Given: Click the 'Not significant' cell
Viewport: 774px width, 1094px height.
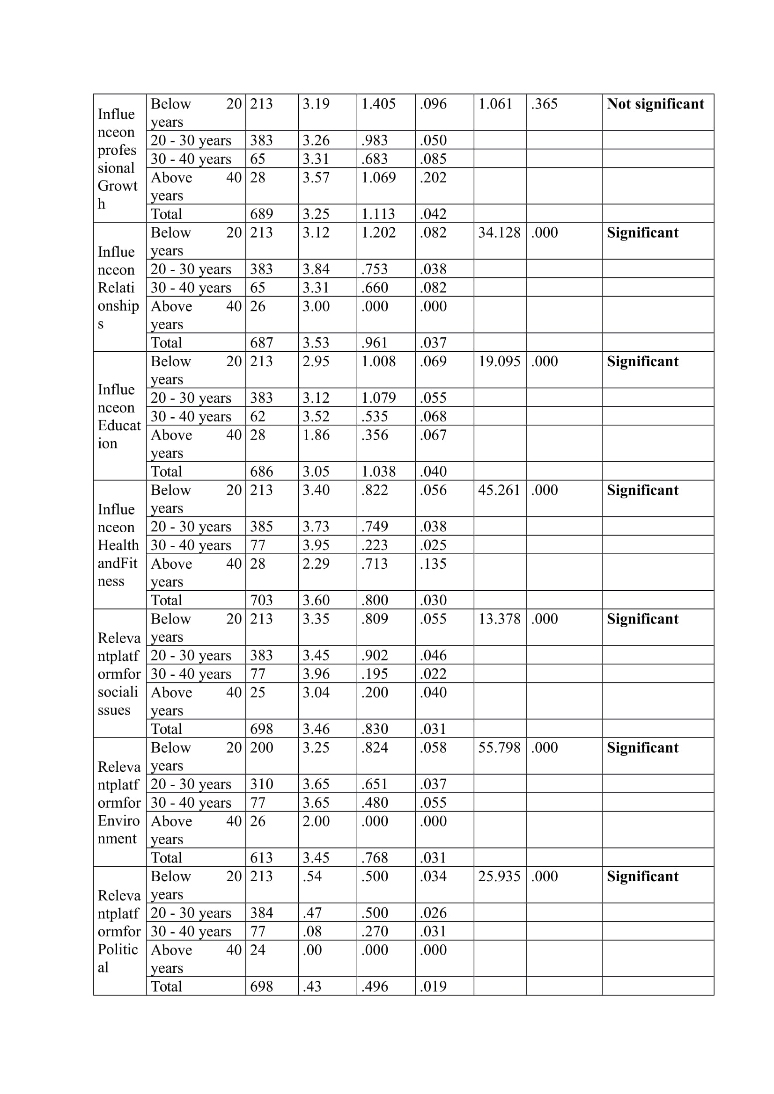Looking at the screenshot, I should [655, 104].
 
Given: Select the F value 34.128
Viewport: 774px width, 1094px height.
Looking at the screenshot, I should [499, 232].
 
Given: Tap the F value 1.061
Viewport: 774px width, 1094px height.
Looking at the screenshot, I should [495, 104].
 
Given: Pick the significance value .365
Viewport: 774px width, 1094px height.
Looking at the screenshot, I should [544, 104].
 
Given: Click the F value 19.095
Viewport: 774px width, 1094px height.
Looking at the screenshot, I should [499, 361].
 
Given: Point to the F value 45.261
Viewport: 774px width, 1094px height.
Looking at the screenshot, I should [499, 490].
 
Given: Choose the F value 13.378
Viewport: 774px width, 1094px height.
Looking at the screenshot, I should [499, 618].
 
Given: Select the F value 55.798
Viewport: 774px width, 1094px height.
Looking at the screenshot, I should [499, 747].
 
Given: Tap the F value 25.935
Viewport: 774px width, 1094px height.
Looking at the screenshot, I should [499, 876].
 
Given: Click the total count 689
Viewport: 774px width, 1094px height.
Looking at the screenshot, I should [261, 213].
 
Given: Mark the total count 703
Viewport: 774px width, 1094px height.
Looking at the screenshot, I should [261, 600].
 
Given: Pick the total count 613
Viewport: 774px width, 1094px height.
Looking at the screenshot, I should [261, 857].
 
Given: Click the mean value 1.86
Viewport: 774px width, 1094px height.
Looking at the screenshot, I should [316, 435].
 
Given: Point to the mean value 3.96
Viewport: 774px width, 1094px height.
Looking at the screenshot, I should [316, 674].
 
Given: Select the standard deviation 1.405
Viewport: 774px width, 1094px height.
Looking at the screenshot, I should [378, 104].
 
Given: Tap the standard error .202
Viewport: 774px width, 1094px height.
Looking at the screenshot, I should [433, 177].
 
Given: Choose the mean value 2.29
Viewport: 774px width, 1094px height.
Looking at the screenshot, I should [316, 564].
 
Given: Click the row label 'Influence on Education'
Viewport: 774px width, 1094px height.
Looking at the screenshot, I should [119, 416].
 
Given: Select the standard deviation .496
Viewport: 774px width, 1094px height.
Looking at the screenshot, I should [375, 986].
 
